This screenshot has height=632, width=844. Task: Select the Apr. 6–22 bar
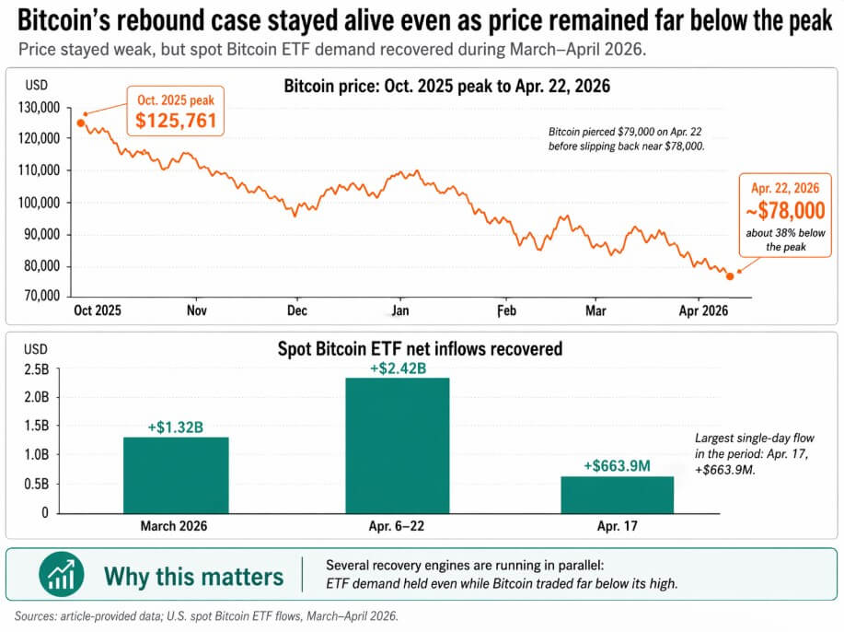tap(398, 445)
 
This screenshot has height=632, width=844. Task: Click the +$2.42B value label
tap(398, 369)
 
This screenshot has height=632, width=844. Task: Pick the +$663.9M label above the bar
tap(617, 466)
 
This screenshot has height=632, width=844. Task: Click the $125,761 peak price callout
tap(175, 119)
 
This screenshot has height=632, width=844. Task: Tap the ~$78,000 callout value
tap(785, 210)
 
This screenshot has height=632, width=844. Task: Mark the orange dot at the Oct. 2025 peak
tap(81, 123)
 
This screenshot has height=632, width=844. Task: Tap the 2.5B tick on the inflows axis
tap(37, 369)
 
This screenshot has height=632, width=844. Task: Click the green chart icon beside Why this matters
tap(62, 575)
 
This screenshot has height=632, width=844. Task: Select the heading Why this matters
tap(193, 577)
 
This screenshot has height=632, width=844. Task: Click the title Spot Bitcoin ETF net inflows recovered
tap(420, 350)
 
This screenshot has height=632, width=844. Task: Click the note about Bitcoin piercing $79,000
tap(624, 138)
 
